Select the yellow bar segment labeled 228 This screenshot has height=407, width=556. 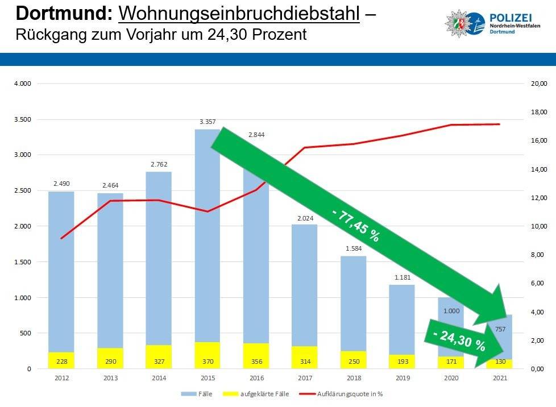[61, 360]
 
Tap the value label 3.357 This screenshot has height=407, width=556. [207, 122]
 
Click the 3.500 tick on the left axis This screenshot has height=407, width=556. [23, 119]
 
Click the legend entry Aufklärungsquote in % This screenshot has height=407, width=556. [357, 393]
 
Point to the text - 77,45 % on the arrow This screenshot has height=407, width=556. [355, 225]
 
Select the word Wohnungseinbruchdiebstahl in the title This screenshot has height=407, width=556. [239, 13]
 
